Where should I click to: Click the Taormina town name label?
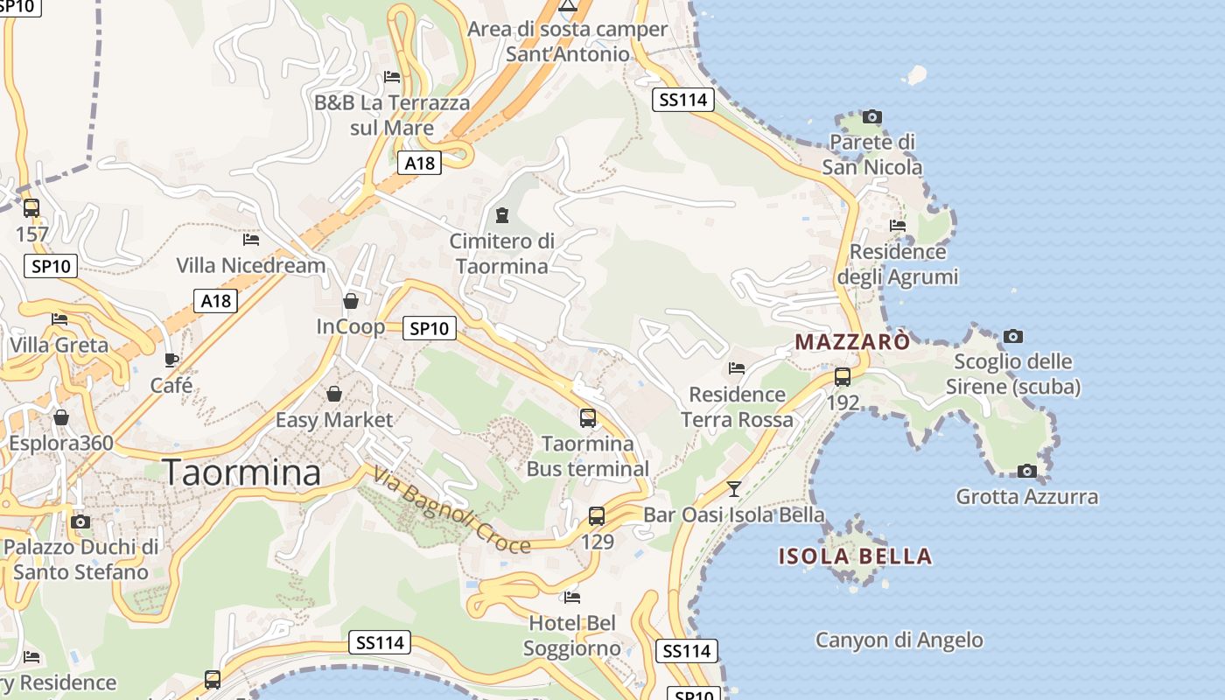pyautogui.click(x=241, y=473)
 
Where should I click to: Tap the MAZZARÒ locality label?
pyautogui.click(x=852, y=341)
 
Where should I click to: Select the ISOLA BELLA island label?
pyautogui.click(x=855, y=556)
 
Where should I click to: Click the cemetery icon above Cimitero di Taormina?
pyautogui.click(x=502, y=215)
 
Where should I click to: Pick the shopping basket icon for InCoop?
pyautogui.click(x=351, y=301)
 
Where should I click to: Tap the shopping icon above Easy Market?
pyautogui.click(x=333, y=395)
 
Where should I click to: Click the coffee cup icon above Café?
pyautogui.click(x=171, y=360)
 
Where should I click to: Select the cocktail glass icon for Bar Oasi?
pyautogui.click(x=733, y=488)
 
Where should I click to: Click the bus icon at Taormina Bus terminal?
pyautogui.click(x=588, y=418)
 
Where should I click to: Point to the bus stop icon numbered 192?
pyautogui.click(x=843, y=377)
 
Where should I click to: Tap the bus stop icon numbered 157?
pyautogui.click(x=31, y=208)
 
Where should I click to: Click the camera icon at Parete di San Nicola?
pyautogui.click(x=871, y=116)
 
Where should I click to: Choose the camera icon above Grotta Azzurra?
pyautogui.click(x=1027, y=472)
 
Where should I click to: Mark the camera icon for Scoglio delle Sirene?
pyautogui.click(x=1013, y=336)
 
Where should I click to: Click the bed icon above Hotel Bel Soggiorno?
pyautogui.click(x=572, y=598)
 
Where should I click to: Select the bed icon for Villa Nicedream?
pyautogui.click(x=251, y=239)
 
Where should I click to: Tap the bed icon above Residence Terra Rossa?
pyautogui.click(x=737, y=368)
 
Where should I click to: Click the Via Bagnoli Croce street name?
pyautogui.click(x=451, y=511)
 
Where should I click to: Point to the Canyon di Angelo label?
pyautogui.click(x=899, y=640)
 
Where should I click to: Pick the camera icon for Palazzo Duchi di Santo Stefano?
pyautogui.click(x=80, y=522)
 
